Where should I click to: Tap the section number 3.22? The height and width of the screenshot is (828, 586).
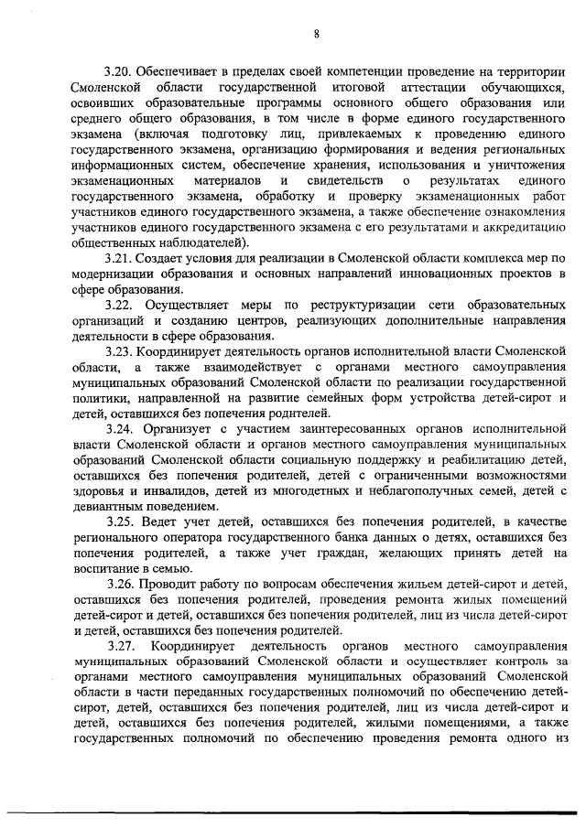pos(122,306)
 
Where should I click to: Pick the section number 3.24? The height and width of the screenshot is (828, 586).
pos(121,429)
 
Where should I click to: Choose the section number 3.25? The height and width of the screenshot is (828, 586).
pos(122,522)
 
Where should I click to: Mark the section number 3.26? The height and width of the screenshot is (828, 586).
pos(120,585)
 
